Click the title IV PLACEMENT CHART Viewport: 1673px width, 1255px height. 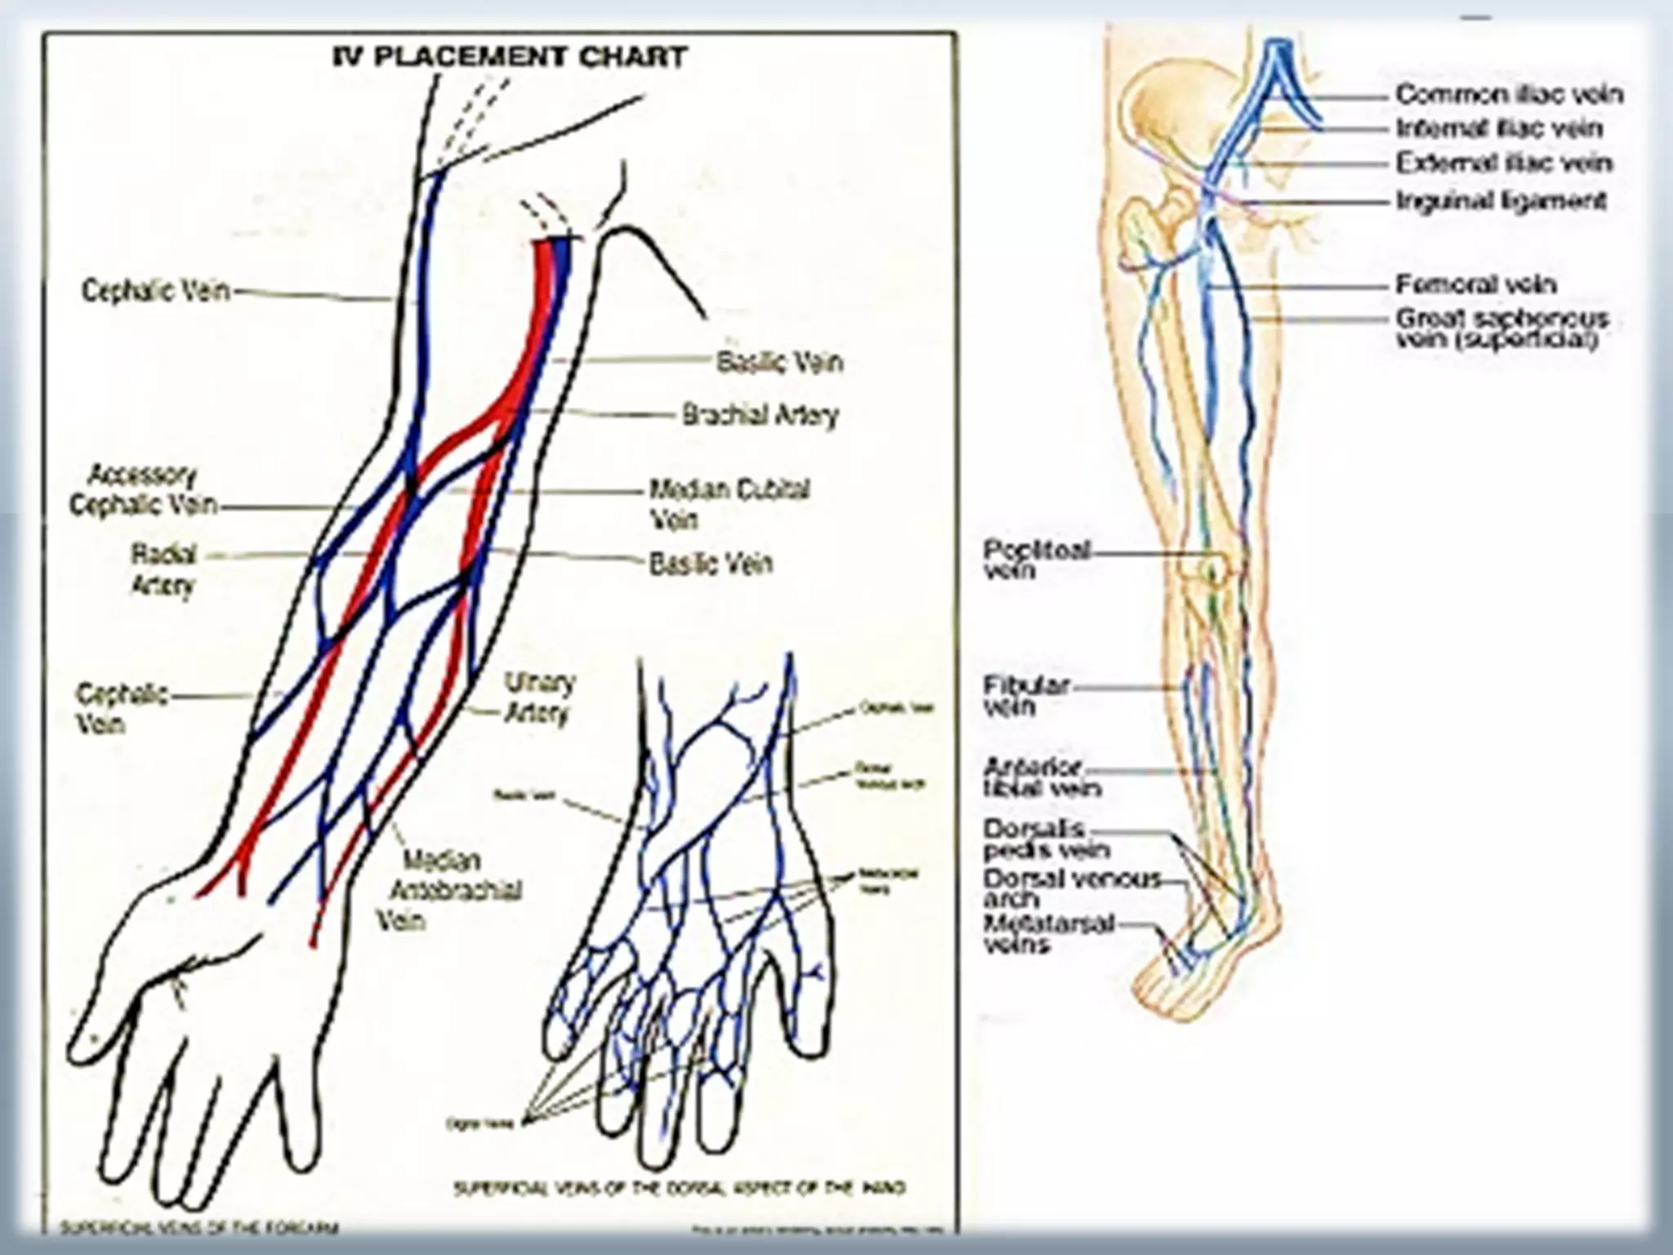coord(511,57)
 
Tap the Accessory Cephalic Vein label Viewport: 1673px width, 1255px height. coord(144,490)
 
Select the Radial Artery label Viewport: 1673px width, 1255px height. coord(163,569)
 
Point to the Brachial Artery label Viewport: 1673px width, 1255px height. coord(761,415)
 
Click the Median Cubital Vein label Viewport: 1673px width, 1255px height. coord(728,503)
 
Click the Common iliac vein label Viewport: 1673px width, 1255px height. coord(1508,95)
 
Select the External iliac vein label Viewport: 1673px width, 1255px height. coord(1504,163)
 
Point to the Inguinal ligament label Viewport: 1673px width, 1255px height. coord(1501,201)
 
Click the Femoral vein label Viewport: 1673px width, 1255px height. coord(1475,284)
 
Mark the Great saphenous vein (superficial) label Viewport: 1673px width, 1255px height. coord(1501,328)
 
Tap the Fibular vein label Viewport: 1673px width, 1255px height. coord(1026,695)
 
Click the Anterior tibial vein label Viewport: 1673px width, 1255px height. coord(1042,778)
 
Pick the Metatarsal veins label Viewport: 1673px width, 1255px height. coord(1049,934)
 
